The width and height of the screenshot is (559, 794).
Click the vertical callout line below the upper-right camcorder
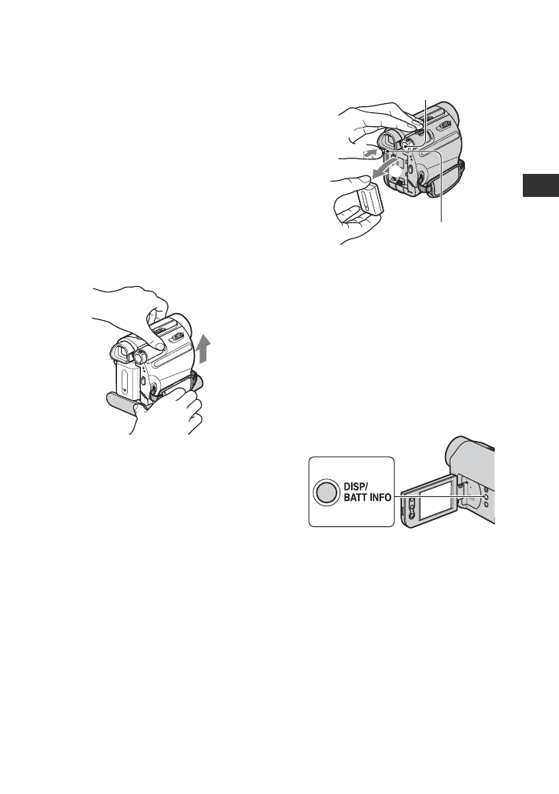pyautogui.click(x=442, y=192)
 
